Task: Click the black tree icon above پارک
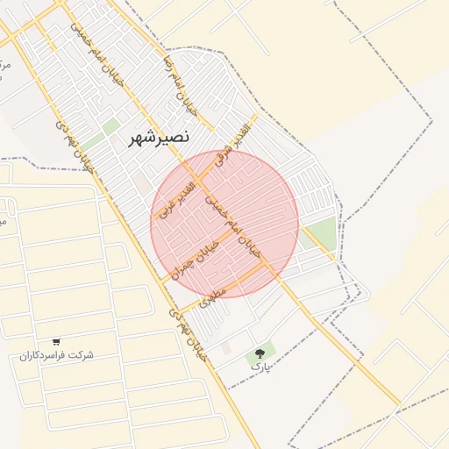click(259, 353)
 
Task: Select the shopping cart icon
click(56, 342)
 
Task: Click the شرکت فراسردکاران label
click(56, 355)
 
